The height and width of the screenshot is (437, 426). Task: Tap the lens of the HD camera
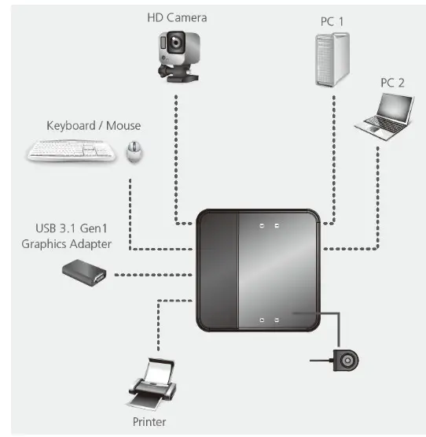174,45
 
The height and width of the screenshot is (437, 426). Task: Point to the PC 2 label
392,81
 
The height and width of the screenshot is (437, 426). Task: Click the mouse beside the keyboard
134,150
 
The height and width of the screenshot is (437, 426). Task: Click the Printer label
149,422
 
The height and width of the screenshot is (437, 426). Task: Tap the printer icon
151,386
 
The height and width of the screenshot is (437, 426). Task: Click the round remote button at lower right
347,361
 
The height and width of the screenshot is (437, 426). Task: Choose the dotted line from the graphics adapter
153,275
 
